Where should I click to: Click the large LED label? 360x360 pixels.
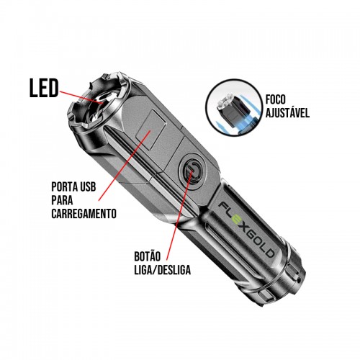(x=44, y=88)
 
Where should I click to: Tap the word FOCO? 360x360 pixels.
(x=276, y=99)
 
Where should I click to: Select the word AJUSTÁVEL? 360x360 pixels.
(x=287, y=112)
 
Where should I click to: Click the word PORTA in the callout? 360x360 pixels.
(x=63, y=186)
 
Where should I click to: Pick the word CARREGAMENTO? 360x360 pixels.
(x=84, y=213)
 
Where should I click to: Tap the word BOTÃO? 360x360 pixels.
(x=147, y=256)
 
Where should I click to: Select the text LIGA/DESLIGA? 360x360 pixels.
(x=163, y=270)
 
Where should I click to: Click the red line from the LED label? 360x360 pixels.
(x=81, y=97)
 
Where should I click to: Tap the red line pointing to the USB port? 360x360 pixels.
(x=125, y=166)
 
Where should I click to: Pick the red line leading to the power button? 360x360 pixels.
(x=179, y=215)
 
